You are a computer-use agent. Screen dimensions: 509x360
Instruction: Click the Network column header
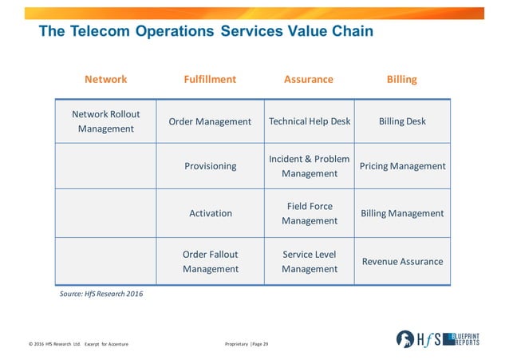106,79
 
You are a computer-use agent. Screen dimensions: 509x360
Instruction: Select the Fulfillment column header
210,79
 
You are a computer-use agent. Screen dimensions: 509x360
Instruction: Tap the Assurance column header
309,79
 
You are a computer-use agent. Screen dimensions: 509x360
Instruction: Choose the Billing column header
402,80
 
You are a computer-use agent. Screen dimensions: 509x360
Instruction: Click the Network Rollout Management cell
106,121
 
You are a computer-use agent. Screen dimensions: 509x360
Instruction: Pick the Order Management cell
210,121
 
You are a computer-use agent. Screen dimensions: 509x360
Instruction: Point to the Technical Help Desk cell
310,121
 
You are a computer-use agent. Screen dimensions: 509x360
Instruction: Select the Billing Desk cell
402,121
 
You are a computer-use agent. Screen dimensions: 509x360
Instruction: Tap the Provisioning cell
210,166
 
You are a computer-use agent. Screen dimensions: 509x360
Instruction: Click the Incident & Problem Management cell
310,166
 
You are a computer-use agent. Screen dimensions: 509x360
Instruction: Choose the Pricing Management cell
402,166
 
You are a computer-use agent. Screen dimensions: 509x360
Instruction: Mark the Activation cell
210,213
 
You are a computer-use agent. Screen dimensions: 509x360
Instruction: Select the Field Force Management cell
310,213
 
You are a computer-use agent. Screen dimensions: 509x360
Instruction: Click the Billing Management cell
402,213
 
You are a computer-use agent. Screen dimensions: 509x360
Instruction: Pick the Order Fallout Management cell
210,261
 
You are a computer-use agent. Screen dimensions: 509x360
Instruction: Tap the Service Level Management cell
310,261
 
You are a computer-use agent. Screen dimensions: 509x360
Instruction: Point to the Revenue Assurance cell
402,261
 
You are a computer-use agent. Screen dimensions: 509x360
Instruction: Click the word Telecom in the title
100,31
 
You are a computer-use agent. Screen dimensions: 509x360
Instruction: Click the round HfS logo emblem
405,339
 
